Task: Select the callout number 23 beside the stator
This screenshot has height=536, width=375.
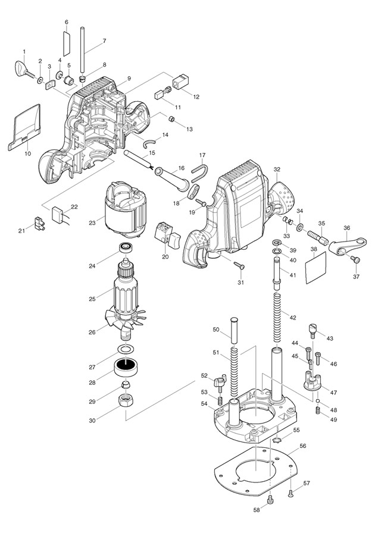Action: point(92,223)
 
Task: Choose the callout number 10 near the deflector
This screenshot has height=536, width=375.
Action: point(27,153)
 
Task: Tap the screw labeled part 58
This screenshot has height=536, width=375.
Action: point(270,500)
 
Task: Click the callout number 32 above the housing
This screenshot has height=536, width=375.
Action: point(276,170)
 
